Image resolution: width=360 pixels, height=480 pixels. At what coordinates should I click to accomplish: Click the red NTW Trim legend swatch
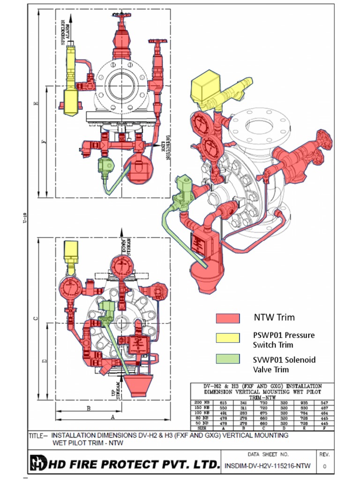click(x=228, y=318)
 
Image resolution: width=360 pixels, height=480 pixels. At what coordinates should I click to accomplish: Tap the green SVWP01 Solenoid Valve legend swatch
click(x=228, y=360)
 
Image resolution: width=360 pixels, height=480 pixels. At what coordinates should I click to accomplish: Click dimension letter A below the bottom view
click(x=112, y=416)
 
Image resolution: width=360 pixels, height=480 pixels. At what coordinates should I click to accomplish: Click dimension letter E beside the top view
click(x=37, y=103)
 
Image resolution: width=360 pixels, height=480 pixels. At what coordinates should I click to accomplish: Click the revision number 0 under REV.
click(x=325, y=466)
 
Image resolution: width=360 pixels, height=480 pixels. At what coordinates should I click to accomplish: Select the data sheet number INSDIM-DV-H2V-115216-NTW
click(x=268, y=466)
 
